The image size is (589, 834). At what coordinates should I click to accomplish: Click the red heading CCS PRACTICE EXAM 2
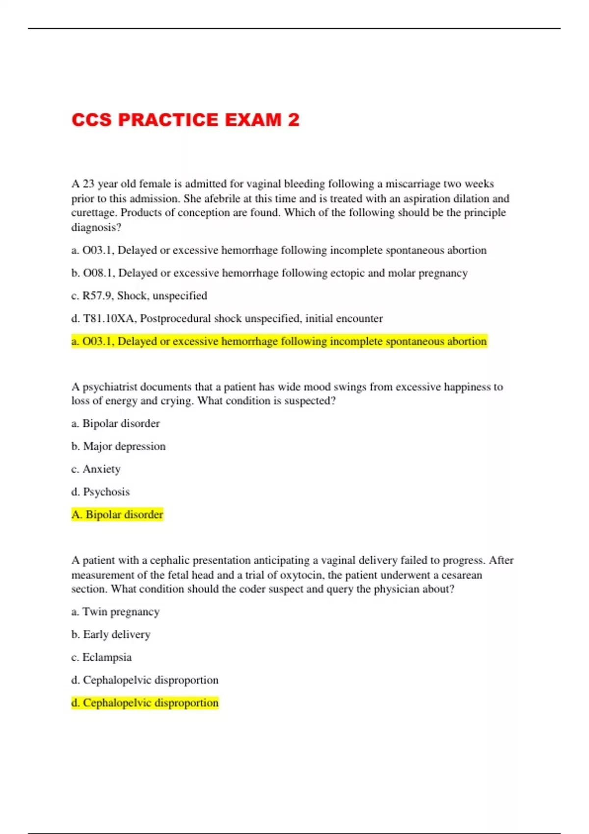click(x=185, y=120)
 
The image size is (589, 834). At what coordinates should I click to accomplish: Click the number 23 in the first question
click(x=88, y=184)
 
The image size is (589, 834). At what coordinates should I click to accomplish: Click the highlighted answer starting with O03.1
click(x=279, y=341)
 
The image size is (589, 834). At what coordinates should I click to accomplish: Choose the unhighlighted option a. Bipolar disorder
click(x=115, y=423)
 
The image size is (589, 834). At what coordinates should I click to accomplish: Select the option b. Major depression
click(x=118, y=446)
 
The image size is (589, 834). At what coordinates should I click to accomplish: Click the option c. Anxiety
click(x=96, y=469)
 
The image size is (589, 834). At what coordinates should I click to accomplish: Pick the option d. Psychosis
click(x=101, y=492)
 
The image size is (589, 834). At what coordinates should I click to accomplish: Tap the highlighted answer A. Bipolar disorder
click(x=117, y=515)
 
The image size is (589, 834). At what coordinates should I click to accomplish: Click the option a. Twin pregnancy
click(x=115, y=612)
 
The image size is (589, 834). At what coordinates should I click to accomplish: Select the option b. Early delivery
click(x=110, y=635)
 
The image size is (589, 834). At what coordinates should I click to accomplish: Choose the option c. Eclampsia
click(x=102, y=657)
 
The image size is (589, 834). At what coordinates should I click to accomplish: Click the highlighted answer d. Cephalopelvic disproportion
click(x=145, y=703)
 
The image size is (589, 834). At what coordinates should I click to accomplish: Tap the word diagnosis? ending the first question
click(x=96, y=228)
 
